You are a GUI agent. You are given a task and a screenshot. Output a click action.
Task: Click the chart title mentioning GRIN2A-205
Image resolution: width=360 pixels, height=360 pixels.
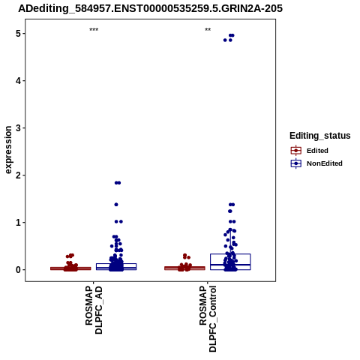click(150, 9)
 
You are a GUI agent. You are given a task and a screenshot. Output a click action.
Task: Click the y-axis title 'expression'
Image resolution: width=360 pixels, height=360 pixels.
click(8, 150)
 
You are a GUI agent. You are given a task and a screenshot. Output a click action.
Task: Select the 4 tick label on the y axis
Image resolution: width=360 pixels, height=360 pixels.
click(19, 81)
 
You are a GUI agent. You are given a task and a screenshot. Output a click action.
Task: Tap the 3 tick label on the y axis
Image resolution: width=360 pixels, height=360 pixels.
click(19, 128)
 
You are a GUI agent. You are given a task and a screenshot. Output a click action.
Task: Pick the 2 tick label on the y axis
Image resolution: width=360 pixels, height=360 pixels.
click(19, 175)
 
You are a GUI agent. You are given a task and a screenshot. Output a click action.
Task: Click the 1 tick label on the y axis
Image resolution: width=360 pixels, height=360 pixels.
click(19, 223)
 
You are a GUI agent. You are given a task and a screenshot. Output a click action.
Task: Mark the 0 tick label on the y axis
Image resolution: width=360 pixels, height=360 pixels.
click(19, 270)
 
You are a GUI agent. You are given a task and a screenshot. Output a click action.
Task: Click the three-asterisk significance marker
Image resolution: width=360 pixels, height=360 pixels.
click(94, 30)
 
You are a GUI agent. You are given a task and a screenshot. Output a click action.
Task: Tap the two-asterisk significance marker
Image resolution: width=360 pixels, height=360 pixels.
click(208, 30)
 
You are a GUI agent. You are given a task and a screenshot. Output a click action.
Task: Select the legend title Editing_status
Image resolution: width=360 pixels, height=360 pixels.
click(320, 136)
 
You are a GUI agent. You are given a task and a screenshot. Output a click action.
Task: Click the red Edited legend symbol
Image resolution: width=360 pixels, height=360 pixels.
click(296, 151)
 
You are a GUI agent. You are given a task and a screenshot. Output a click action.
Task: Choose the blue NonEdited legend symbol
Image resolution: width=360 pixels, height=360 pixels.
click(296, 163)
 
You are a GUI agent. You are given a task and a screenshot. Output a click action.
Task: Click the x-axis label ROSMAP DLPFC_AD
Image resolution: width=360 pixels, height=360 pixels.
click(94, 310)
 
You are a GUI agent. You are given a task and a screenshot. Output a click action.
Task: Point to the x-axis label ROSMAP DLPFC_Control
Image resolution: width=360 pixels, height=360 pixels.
click(208, 319)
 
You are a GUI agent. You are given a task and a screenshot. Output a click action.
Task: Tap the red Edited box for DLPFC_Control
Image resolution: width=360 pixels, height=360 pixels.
click(184, 268)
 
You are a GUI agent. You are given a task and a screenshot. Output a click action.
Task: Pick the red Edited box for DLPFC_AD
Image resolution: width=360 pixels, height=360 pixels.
click(70, 268)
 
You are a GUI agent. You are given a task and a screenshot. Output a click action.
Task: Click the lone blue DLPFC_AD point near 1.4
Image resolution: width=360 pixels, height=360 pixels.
click(116, 205)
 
